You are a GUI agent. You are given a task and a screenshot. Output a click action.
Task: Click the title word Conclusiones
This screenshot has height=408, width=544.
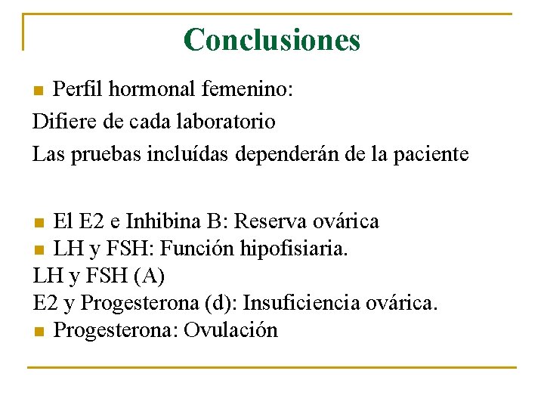(272, 39)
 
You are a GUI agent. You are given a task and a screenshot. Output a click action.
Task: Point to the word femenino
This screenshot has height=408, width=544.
(246, 89)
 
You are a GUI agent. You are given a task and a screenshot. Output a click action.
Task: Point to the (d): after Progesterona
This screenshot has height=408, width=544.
(218, 303)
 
